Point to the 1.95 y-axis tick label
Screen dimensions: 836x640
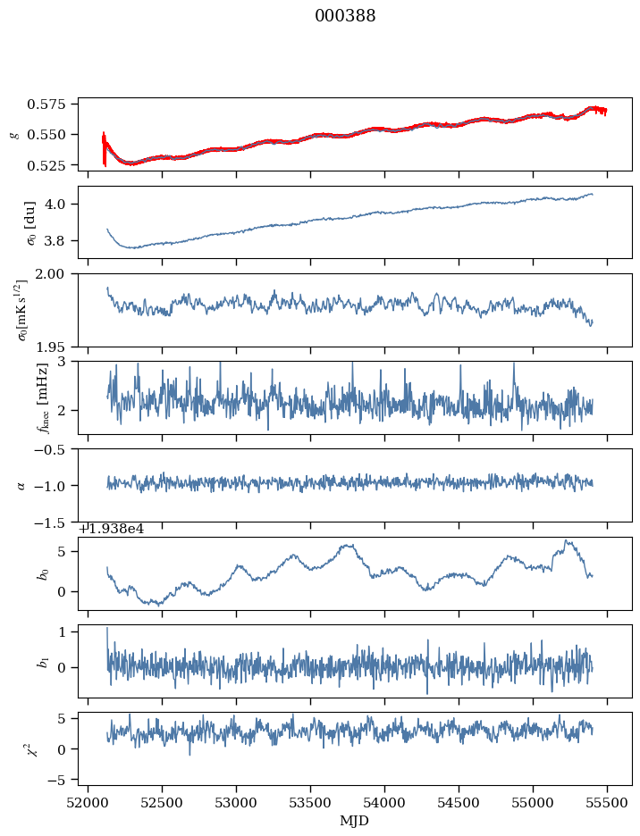(55, 346)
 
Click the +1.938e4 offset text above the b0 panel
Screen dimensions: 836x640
(111, 529)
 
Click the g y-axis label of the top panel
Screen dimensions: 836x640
(13, 133)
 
